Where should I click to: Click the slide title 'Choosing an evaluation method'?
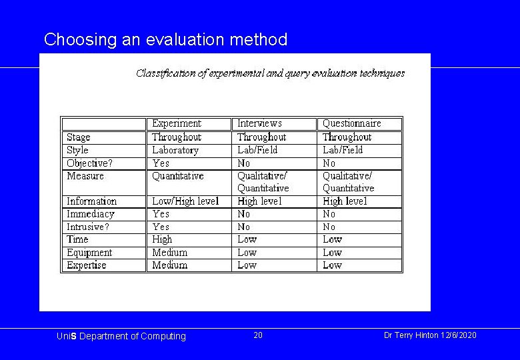click(x=165, y=40)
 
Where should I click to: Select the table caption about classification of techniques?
click(x=270, y=73)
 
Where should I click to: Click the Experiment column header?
click(x=176, y=123)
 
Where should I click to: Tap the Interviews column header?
click(x=259, y=123)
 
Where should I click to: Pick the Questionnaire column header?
click(x=351, y=123)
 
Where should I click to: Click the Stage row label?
click(x=79, y=137)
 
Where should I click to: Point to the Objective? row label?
click(x=89, y=163)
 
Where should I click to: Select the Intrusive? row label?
click(x=87, y=227)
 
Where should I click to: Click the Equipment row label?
click(x=89, y=253)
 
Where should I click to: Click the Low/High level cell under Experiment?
click(x=185, y=201)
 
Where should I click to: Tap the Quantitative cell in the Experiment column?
click(x=178, y=176)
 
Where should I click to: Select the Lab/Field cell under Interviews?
click(x=257, y=150)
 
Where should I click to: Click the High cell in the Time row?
click(x=162, y=239)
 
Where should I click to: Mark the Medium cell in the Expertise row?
click(x=169, y=265)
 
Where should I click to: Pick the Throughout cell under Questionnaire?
click(x=347, y=137)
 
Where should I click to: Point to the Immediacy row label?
click(x=91, y=214)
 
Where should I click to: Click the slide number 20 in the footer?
click(x=258, y=335)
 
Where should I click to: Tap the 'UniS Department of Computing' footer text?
click(x=121, y=336)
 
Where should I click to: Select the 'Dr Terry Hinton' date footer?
click(x=430, y=335)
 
